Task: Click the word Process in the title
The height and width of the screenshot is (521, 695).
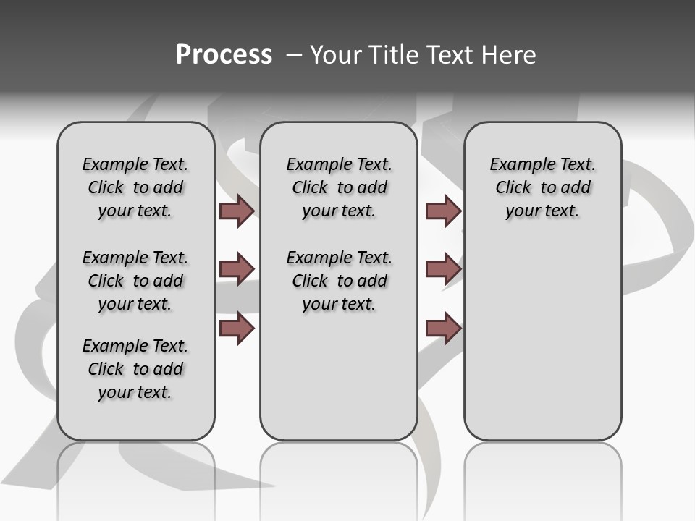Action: click(224, 55)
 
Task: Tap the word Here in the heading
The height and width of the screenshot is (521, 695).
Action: click(508, 55)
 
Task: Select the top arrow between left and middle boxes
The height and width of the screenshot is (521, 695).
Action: click(237, 211)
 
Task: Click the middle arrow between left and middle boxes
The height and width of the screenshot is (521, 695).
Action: click(237, 269)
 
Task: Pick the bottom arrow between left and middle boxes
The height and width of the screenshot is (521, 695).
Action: click(237, 329)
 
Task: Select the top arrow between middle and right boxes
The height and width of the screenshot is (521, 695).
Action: click(443, 211)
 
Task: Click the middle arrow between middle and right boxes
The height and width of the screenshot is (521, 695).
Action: click(443, 269)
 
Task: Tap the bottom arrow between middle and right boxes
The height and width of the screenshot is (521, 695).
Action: click(443, 329)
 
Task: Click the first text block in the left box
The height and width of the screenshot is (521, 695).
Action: click(135, 187)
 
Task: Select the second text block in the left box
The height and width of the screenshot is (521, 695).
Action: click(135, 281)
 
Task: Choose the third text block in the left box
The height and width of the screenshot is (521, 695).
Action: click(135, 369)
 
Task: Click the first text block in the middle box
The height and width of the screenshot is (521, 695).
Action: click(339, 187)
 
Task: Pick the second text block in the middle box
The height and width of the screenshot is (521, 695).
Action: click(339, 281)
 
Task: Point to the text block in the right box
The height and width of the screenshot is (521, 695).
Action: click(542, 187)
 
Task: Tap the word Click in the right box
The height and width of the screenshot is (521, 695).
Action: click(513, 188)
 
